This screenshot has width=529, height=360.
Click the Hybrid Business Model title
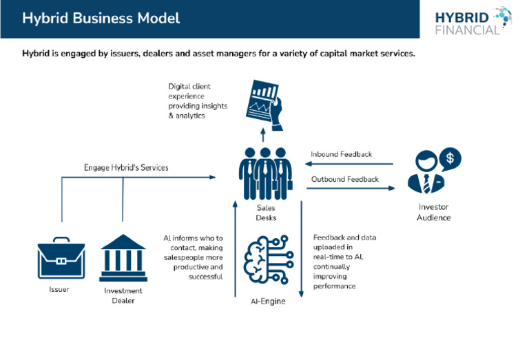pyautogui.click(x=101, y=19)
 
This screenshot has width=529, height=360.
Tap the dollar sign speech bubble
pyautogui.click(x=450, y=158)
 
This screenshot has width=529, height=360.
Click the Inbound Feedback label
pyautogui.click(x=341, y=154)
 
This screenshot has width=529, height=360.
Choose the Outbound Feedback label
pyautogui.click(x=344, y=179)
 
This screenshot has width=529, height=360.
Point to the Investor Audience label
pyautogui.click(x=434, y=212)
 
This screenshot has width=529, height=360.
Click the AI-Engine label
pyautogui.click(x=266, y=301)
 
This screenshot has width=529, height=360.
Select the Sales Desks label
pyautogui.click(x=266, y=212)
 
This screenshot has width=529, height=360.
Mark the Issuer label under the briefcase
pyautogui.click(x=59, y=290)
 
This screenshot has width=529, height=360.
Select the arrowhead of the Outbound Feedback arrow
pyautogui.click(x=391, y=188)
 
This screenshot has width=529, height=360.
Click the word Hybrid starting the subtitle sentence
pyautogui.click(x=35, y=53)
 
